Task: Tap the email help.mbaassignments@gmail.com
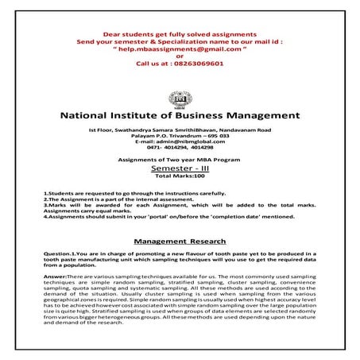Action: [180, 47]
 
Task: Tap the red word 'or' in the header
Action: [180, 54]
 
